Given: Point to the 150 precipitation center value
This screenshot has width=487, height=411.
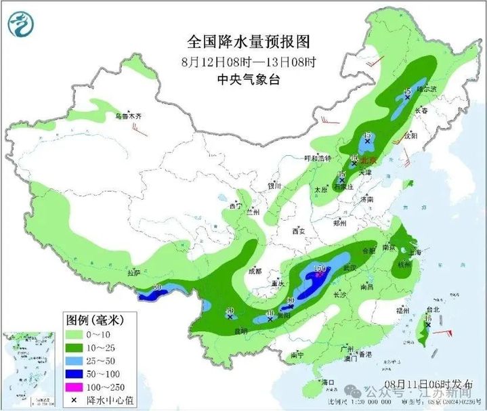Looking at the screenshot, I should click(320, 269).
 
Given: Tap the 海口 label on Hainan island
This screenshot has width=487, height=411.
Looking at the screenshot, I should click(330, 383).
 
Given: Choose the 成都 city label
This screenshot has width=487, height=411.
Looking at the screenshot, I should click(254, 271).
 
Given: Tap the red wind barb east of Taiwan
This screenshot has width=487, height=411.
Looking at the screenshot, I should click(444, 333).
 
